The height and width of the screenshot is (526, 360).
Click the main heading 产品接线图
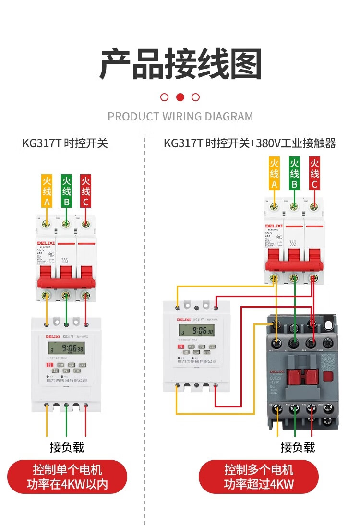tap(180, 64)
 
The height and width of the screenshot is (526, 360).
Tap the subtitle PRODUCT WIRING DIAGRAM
tap(180, 117)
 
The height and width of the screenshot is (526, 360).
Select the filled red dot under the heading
tap(180, 97)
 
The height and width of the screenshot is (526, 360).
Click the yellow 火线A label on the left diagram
tap(47, 191)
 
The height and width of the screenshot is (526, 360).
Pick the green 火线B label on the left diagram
tap(66, 191)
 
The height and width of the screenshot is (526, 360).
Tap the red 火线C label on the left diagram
tap(86, 191)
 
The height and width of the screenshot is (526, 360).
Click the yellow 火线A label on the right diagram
tap(274, 173)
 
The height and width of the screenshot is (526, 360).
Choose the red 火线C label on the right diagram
tap(314, 173)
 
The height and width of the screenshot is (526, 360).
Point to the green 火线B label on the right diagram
tap(294, 173)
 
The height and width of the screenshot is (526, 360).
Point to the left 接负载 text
tap(67, 447)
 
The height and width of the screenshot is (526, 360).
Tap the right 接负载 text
tap(298, 447)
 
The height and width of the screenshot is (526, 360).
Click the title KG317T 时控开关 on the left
tap(65, 143)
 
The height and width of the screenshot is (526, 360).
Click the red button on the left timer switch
tap(49, 365)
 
